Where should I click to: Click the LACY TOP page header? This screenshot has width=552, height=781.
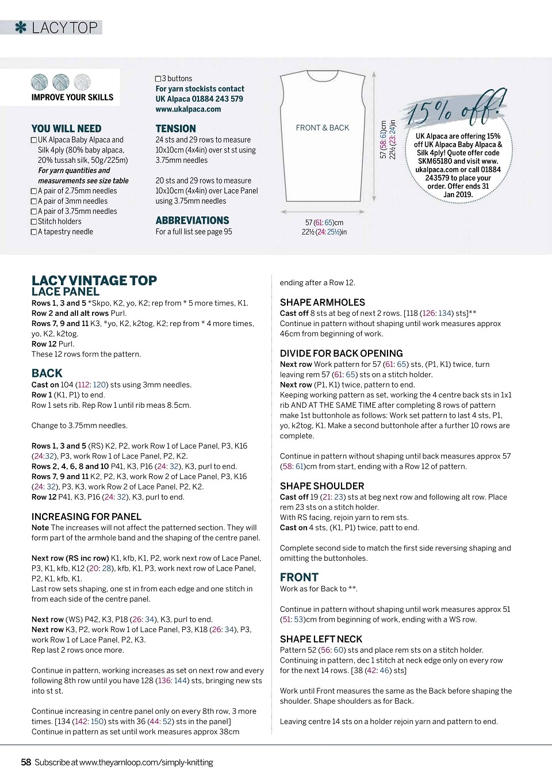tap(64, 28)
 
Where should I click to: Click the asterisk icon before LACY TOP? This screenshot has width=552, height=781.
tap(21, 28)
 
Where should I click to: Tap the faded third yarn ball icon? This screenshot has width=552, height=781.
tap(82, 82)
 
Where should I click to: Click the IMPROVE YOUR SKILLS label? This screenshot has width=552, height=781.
tap(72, 98)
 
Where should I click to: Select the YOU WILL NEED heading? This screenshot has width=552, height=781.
tap(66, 129)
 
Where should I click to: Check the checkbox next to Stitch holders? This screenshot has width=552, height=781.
tap(34, 222)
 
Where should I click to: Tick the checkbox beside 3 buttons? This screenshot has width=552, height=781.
tap(158, 79)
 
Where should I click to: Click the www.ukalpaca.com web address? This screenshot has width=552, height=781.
tap(188, 109)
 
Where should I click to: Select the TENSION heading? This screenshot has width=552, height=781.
tap(175, 129)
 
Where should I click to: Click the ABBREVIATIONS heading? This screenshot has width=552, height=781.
tap(192, 221)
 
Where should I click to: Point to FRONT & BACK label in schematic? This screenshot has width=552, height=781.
tap(322, 128)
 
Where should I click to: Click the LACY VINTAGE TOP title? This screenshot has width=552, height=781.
tap(94, 281)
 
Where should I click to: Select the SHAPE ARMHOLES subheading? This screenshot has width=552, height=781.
tap(322, 303)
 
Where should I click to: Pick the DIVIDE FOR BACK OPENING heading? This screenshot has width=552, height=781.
tap(341, 354)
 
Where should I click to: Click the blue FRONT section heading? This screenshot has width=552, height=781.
tap(299, 577)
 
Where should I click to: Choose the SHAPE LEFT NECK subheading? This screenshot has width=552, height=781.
tap(321, 640)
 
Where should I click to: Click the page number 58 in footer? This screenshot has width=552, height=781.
tap(26, 763)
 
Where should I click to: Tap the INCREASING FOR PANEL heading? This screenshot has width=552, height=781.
tap(86, 517)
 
